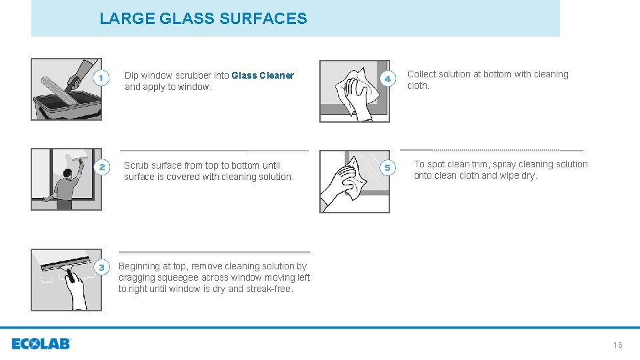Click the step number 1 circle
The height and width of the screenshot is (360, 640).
[x=101, y=79]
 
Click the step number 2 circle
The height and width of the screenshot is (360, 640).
[x=101, y=168]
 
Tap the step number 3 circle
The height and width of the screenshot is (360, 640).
[x=101, y=268]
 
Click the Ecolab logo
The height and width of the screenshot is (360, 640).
[x=41, y=344]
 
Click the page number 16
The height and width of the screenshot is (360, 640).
[x=617, y=345]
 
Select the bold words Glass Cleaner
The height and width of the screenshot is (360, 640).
[x=263, y=75]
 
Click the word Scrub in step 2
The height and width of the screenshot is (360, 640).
[x=136, y=165]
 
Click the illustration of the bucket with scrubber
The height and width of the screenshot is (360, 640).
[x=66, y=89]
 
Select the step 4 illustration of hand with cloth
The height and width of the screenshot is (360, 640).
[x=355, y=91]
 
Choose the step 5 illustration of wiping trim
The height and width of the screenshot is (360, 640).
[x=355, y=181]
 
